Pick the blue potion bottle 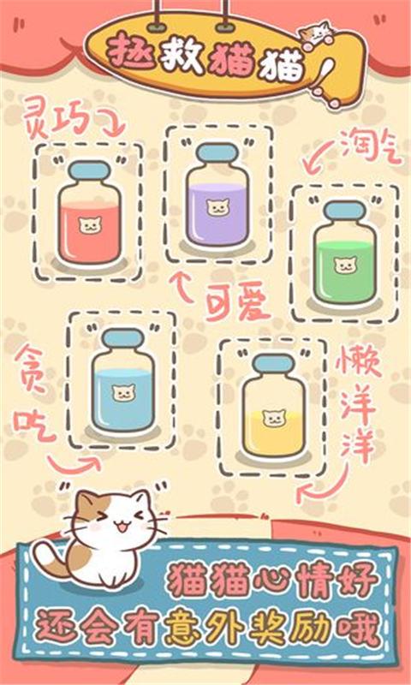pyautogui.click(x=123, y=380)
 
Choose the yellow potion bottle pyautogui.click(x=274, y=406)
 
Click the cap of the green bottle pyautogui.click(x=345, y=211)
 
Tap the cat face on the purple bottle pyautogui.click(x=218, y=208)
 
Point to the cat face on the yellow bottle pyautogui.click(x=274, y=418)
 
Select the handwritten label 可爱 pyautogui.click(x=238, y=306)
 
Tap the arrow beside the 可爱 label pyautogui.click(x=182, y=286)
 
